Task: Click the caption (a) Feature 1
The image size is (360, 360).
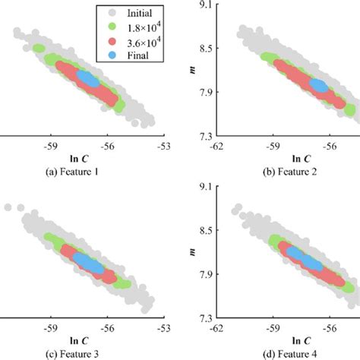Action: click(87, 172)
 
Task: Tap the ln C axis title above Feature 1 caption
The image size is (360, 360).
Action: click(85, 157)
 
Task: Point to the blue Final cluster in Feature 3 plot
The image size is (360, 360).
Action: click(88, 261)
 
